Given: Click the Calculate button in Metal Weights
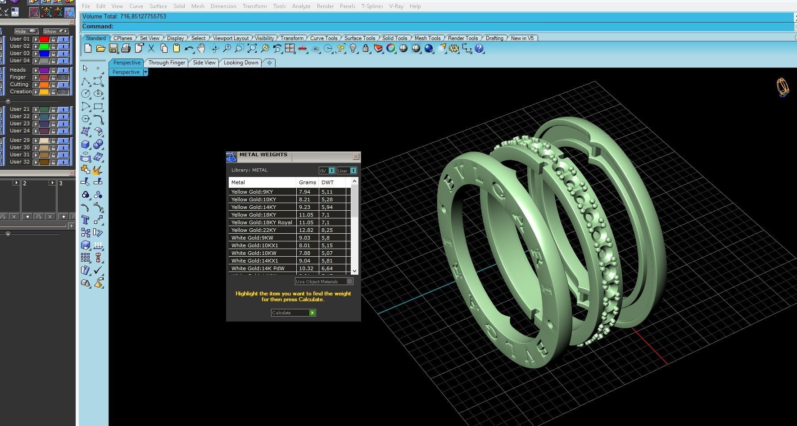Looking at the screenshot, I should coord(293,313).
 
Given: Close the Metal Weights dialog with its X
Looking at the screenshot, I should coord(356,156).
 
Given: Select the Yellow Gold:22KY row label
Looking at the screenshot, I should coord(254,230).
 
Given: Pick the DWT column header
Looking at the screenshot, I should coord(327,182).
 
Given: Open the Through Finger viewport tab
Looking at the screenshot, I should coord(167,63).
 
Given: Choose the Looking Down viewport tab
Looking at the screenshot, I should coord(241,63).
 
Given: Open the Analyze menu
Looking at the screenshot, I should coord(301,6).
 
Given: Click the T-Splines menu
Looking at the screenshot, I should coord(372,6).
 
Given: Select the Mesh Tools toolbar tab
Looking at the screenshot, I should coord(427,38).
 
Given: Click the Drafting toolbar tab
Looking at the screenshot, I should coord(494,38).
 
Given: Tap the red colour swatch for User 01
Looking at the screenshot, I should coord(44,39).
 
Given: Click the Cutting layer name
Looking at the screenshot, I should coord(19,84).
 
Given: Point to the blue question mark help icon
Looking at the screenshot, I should coord(479,48).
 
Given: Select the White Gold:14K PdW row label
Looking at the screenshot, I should coord(258,268).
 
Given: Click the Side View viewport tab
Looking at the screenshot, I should coord(204,63).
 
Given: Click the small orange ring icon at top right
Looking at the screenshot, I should coord(783,87).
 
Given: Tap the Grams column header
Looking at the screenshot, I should coord(307,182).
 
